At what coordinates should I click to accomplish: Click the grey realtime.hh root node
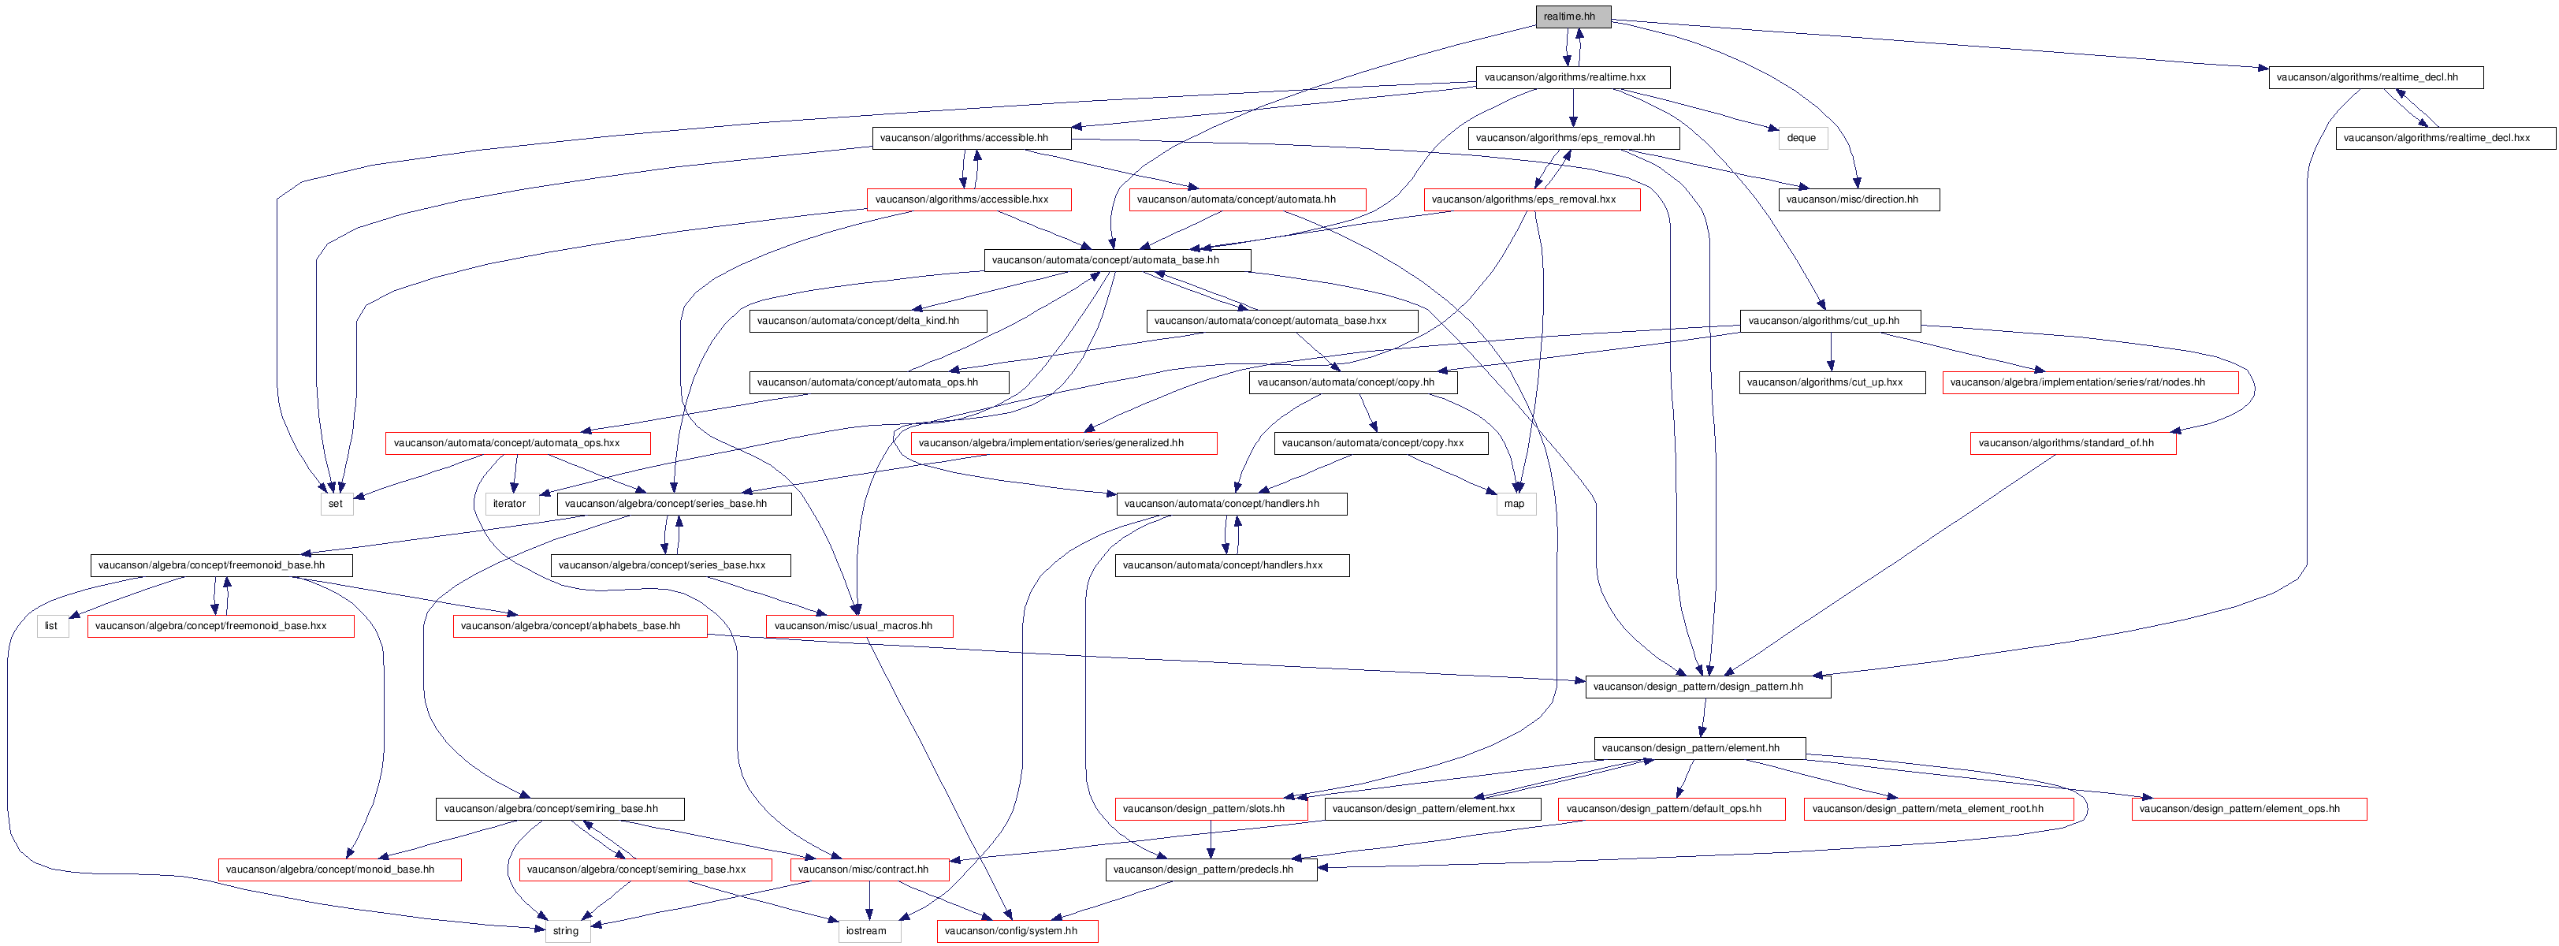[1572, 17]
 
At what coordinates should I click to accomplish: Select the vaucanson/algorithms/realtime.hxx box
[1572, 77]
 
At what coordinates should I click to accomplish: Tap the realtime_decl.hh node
[2375, 77]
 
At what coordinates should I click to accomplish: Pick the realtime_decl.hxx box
[2446, 138]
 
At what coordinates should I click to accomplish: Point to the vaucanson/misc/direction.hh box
[1858, 199]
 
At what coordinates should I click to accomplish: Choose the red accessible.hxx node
[969, 199]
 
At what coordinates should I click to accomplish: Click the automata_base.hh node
[1117, 260]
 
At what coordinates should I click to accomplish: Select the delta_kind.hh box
[867, 321]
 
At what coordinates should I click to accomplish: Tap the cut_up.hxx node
[1832, 382]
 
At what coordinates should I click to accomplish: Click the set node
[336, 504]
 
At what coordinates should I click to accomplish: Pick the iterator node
[511, 504]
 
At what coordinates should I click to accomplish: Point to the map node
[1515, 504]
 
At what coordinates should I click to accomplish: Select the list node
[52, 626]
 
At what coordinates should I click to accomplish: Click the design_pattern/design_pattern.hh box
[1708, 687]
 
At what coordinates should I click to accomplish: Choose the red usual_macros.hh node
[859, 626]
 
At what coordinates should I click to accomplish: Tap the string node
[566, 931]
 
